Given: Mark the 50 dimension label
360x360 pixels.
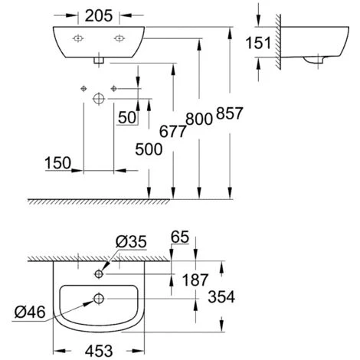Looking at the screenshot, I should point(126,118).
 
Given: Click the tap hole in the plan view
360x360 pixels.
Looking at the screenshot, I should point(100,273).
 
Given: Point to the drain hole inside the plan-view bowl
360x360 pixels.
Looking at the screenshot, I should point(99,299).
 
